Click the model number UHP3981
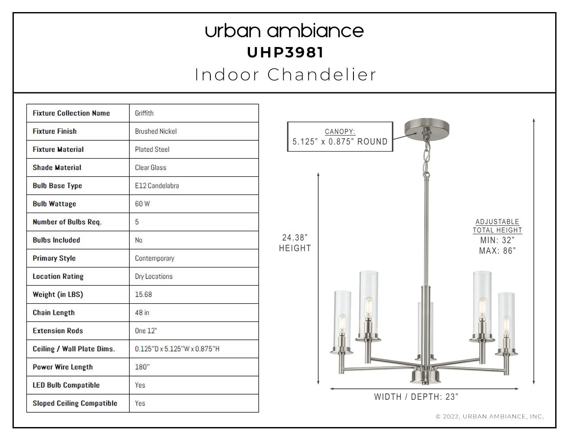click(285, 53)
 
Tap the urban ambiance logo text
click(284, 31)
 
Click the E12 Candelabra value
click(157, 186)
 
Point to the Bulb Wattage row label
click(54, 204)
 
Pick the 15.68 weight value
click(144, 295)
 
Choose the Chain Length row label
click(54, 313)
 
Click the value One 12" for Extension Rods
click(146, 331)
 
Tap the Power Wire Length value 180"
click(142, 367)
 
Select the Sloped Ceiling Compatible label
click(75, 403)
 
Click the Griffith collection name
click(144, 113)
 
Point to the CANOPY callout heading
click(340, 132)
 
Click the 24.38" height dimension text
click(295, 243)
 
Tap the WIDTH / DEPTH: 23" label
click(416, 397)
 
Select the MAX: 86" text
click(497, 251)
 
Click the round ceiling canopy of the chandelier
click(427, 127)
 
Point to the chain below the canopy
click(427, 160)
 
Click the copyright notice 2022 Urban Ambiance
click(490, 416)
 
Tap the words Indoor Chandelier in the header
click(285, 75)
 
